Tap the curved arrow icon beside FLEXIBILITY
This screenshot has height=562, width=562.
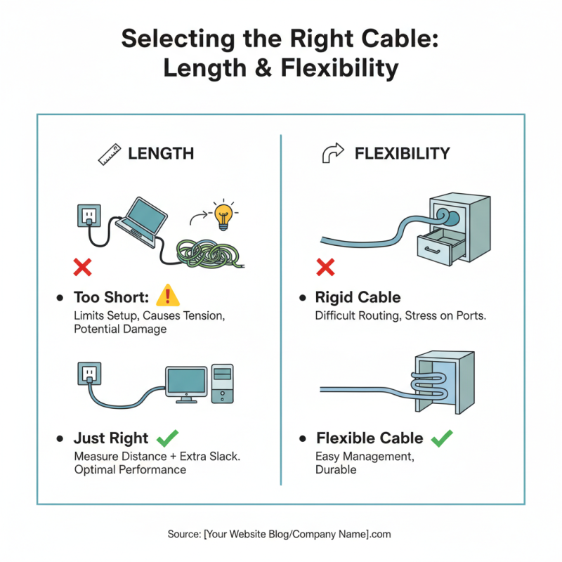[332, 153]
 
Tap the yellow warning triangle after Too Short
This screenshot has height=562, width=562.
[168, 296]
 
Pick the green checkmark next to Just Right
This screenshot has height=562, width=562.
[167, 438]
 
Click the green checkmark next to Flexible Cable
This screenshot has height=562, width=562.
[441, 438]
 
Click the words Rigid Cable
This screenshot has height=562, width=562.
[358, 298]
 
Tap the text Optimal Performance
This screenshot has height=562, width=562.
[130, 469]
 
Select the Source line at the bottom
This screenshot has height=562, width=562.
[280, 535]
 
